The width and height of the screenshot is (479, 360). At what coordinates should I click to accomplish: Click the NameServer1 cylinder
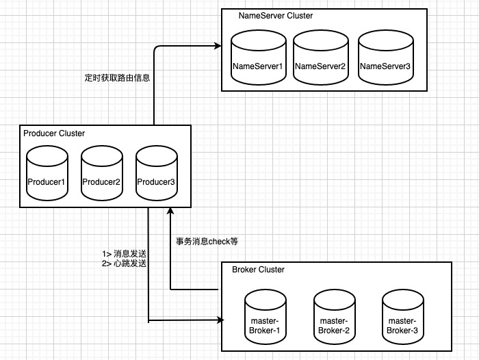click(259, 57)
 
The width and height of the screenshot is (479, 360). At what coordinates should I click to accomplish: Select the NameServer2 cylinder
click(321, 57)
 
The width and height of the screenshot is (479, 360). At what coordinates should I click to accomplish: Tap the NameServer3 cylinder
click(386, 57)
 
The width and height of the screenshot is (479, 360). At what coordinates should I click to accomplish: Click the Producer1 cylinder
click(47, 173)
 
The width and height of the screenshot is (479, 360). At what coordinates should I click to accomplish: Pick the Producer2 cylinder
click(102, 173)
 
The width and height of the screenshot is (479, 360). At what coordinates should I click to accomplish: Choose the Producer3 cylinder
click(157, 173)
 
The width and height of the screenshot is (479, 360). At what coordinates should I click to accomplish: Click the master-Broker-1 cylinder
click(266, 317)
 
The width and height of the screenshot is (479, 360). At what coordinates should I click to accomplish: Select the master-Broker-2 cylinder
click(334, 317)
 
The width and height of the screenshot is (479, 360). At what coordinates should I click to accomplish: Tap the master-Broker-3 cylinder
click(402, 317)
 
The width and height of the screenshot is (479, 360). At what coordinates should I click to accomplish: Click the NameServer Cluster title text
click(276, 16)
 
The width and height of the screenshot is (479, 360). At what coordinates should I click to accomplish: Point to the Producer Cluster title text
click(54, 133)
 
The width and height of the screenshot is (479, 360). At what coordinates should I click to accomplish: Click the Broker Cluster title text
click(258, 270)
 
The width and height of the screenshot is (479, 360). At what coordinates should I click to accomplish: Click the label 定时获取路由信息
click(117, 77)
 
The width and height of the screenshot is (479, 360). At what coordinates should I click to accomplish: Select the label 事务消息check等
click(207, 242)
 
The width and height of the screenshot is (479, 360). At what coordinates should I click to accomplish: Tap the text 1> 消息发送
click(125, 254)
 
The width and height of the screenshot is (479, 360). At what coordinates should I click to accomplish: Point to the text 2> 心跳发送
click(125, 263)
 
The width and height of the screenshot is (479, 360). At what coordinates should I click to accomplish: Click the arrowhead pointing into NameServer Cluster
click(218, 46)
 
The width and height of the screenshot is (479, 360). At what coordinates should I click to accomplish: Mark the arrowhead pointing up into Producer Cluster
click(170, 211)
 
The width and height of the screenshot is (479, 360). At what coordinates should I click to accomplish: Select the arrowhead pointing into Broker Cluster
click(220, 320)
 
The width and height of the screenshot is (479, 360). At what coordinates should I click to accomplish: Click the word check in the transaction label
click(219, 242)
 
